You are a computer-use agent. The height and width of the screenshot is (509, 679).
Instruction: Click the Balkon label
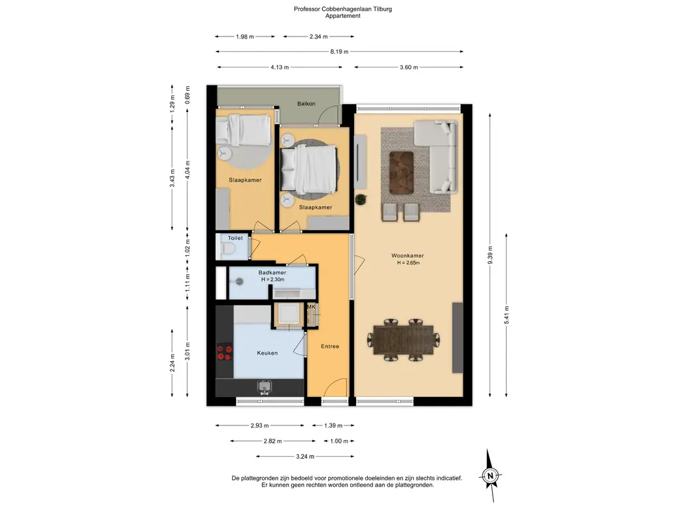pyautogui.click(x=306, y=104)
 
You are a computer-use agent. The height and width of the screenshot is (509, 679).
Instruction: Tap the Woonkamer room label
pyautogui.click(x=408, y=256)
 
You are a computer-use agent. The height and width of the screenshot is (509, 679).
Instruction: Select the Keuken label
pyautogui.click(x=267, y=353)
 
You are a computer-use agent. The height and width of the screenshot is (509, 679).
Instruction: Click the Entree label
pyautogui.click(x=330, y=346)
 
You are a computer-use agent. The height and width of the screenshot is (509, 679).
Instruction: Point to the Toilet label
pyautogui.click(x=235, y=238)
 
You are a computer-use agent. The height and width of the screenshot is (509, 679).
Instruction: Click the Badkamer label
pyautogui.click(x=273, y=272)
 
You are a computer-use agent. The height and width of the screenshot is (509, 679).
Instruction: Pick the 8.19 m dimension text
pyautogui.click(x=339, y=52)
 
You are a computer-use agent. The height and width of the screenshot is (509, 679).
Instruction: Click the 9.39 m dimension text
pyautogui.click(x=490, y=254)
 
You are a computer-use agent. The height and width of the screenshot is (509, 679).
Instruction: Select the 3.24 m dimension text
pyautogui.click(x=305, y=456)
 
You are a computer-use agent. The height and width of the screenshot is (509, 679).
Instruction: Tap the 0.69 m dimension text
pyautogui.click(x=188, y=95)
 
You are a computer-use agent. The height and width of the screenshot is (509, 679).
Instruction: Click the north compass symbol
pyautogui.click(x=490, y=476)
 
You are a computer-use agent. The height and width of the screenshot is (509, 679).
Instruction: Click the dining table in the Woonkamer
pyautogui.click(x=404, y=340)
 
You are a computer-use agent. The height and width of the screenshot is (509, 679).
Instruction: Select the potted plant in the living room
pyautogui.click(x=361, y=199)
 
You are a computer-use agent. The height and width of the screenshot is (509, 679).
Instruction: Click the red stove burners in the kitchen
pyautogui.click(x=225, y=352)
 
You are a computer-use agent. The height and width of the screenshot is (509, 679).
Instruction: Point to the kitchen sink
pyautogui.click(x=264, y=386)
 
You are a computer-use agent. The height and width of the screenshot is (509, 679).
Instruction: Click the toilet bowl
pyautogui.click(x=227, y=249)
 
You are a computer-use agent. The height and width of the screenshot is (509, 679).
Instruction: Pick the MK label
pyautogui.click(x=312, y=307)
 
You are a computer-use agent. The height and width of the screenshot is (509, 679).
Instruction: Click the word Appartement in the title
pyautogui.click(x=343, y=16)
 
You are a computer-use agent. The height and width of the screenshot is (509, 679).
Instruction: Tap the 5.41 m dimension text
pyautogui.click(x=507, y=315)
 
